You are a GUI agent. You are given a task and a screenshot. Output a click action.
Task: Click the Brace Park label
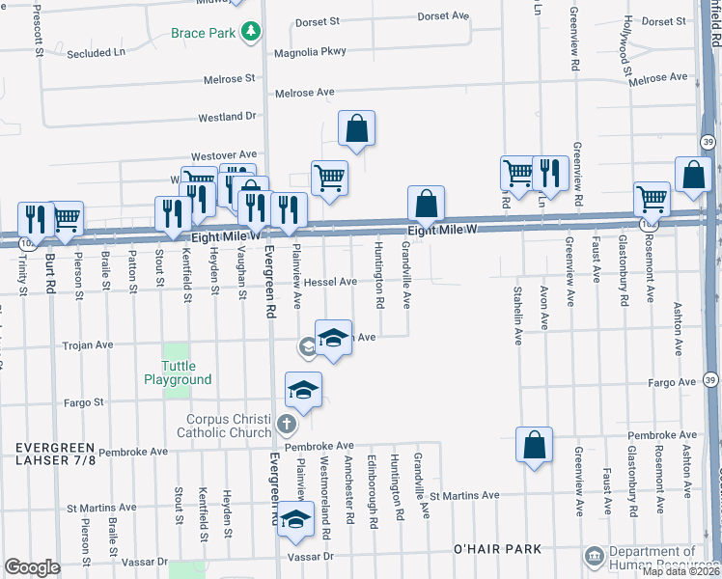[203, 33]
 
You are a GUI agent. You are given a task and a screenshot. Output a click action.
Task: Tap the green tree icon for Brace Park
[251, 32]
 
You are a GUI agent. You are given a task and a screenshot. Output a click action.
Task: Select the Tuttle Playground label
[178, 372]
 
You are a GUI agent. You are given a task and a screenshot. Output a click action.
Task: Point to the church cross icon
[286, 424]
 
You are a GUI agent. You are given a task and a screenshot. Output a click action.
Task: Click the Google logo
[32, 566]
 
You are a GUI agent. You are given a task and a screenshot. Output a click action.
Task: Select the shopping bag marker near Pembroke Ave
[534, 445]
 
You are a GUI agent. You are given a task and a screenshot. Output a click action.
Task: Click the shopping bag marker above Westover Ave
[356, 128]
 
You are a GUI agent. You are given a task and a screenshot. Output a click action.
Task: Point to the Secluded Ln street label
[97, 53]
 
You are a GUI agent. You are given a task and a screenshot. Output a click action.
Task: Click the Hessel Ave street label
[330, 282]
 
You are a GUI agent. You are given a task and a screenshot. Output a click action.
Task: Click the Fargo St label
[83, 401]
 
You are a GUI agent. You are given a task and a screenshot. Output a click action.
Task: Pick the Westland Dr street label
[227, 117]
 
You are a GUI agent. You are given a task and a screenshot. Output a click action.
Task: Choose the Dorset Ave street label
[443, 16]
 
